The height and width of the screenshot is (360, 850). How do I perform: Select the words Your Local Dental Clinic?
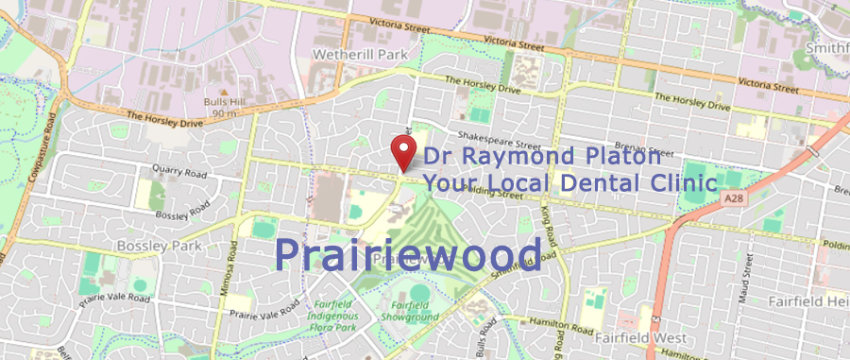point(569,182)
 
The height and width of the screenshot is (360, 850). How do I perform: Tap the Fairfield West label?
point(637,334)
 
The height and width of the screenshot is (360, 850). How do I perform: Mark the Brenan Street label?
point(647,152)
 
